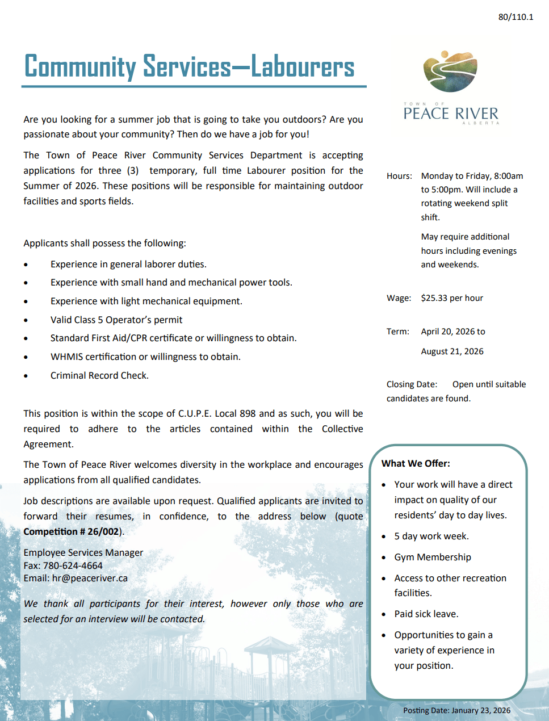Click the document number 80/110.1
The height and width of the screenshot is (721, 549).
point(516,17)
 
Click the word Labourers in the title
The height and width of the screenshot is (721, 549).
point(303,67)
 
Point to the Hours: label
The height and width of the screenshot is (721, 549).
point(399,176)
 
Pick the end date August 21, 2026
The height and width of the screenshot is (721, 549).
point(452,351)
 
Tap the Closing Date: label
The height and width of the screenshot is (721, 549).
point(412,384)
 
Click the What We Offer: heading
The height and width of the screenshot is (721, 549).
point(416,463)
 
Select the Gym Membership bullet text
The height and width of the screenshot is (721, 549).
point(433,557)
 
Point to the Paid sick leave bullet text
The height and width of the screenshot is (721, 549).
point(426,614)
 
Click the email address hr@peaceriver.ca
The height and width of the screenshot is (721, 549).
point(90,578)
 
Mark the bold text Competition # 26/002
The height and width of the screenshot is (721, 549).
point(71,531)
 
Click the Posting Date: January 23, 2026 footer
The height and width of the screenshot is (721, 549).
point(456,710)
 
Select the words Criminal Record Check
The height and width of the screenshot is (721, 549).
point(99,375)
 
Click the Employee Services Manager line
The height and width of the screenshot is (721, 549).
point(83,552)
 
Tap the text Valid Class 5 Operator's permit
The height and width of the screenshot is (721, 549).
point(116,320)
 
